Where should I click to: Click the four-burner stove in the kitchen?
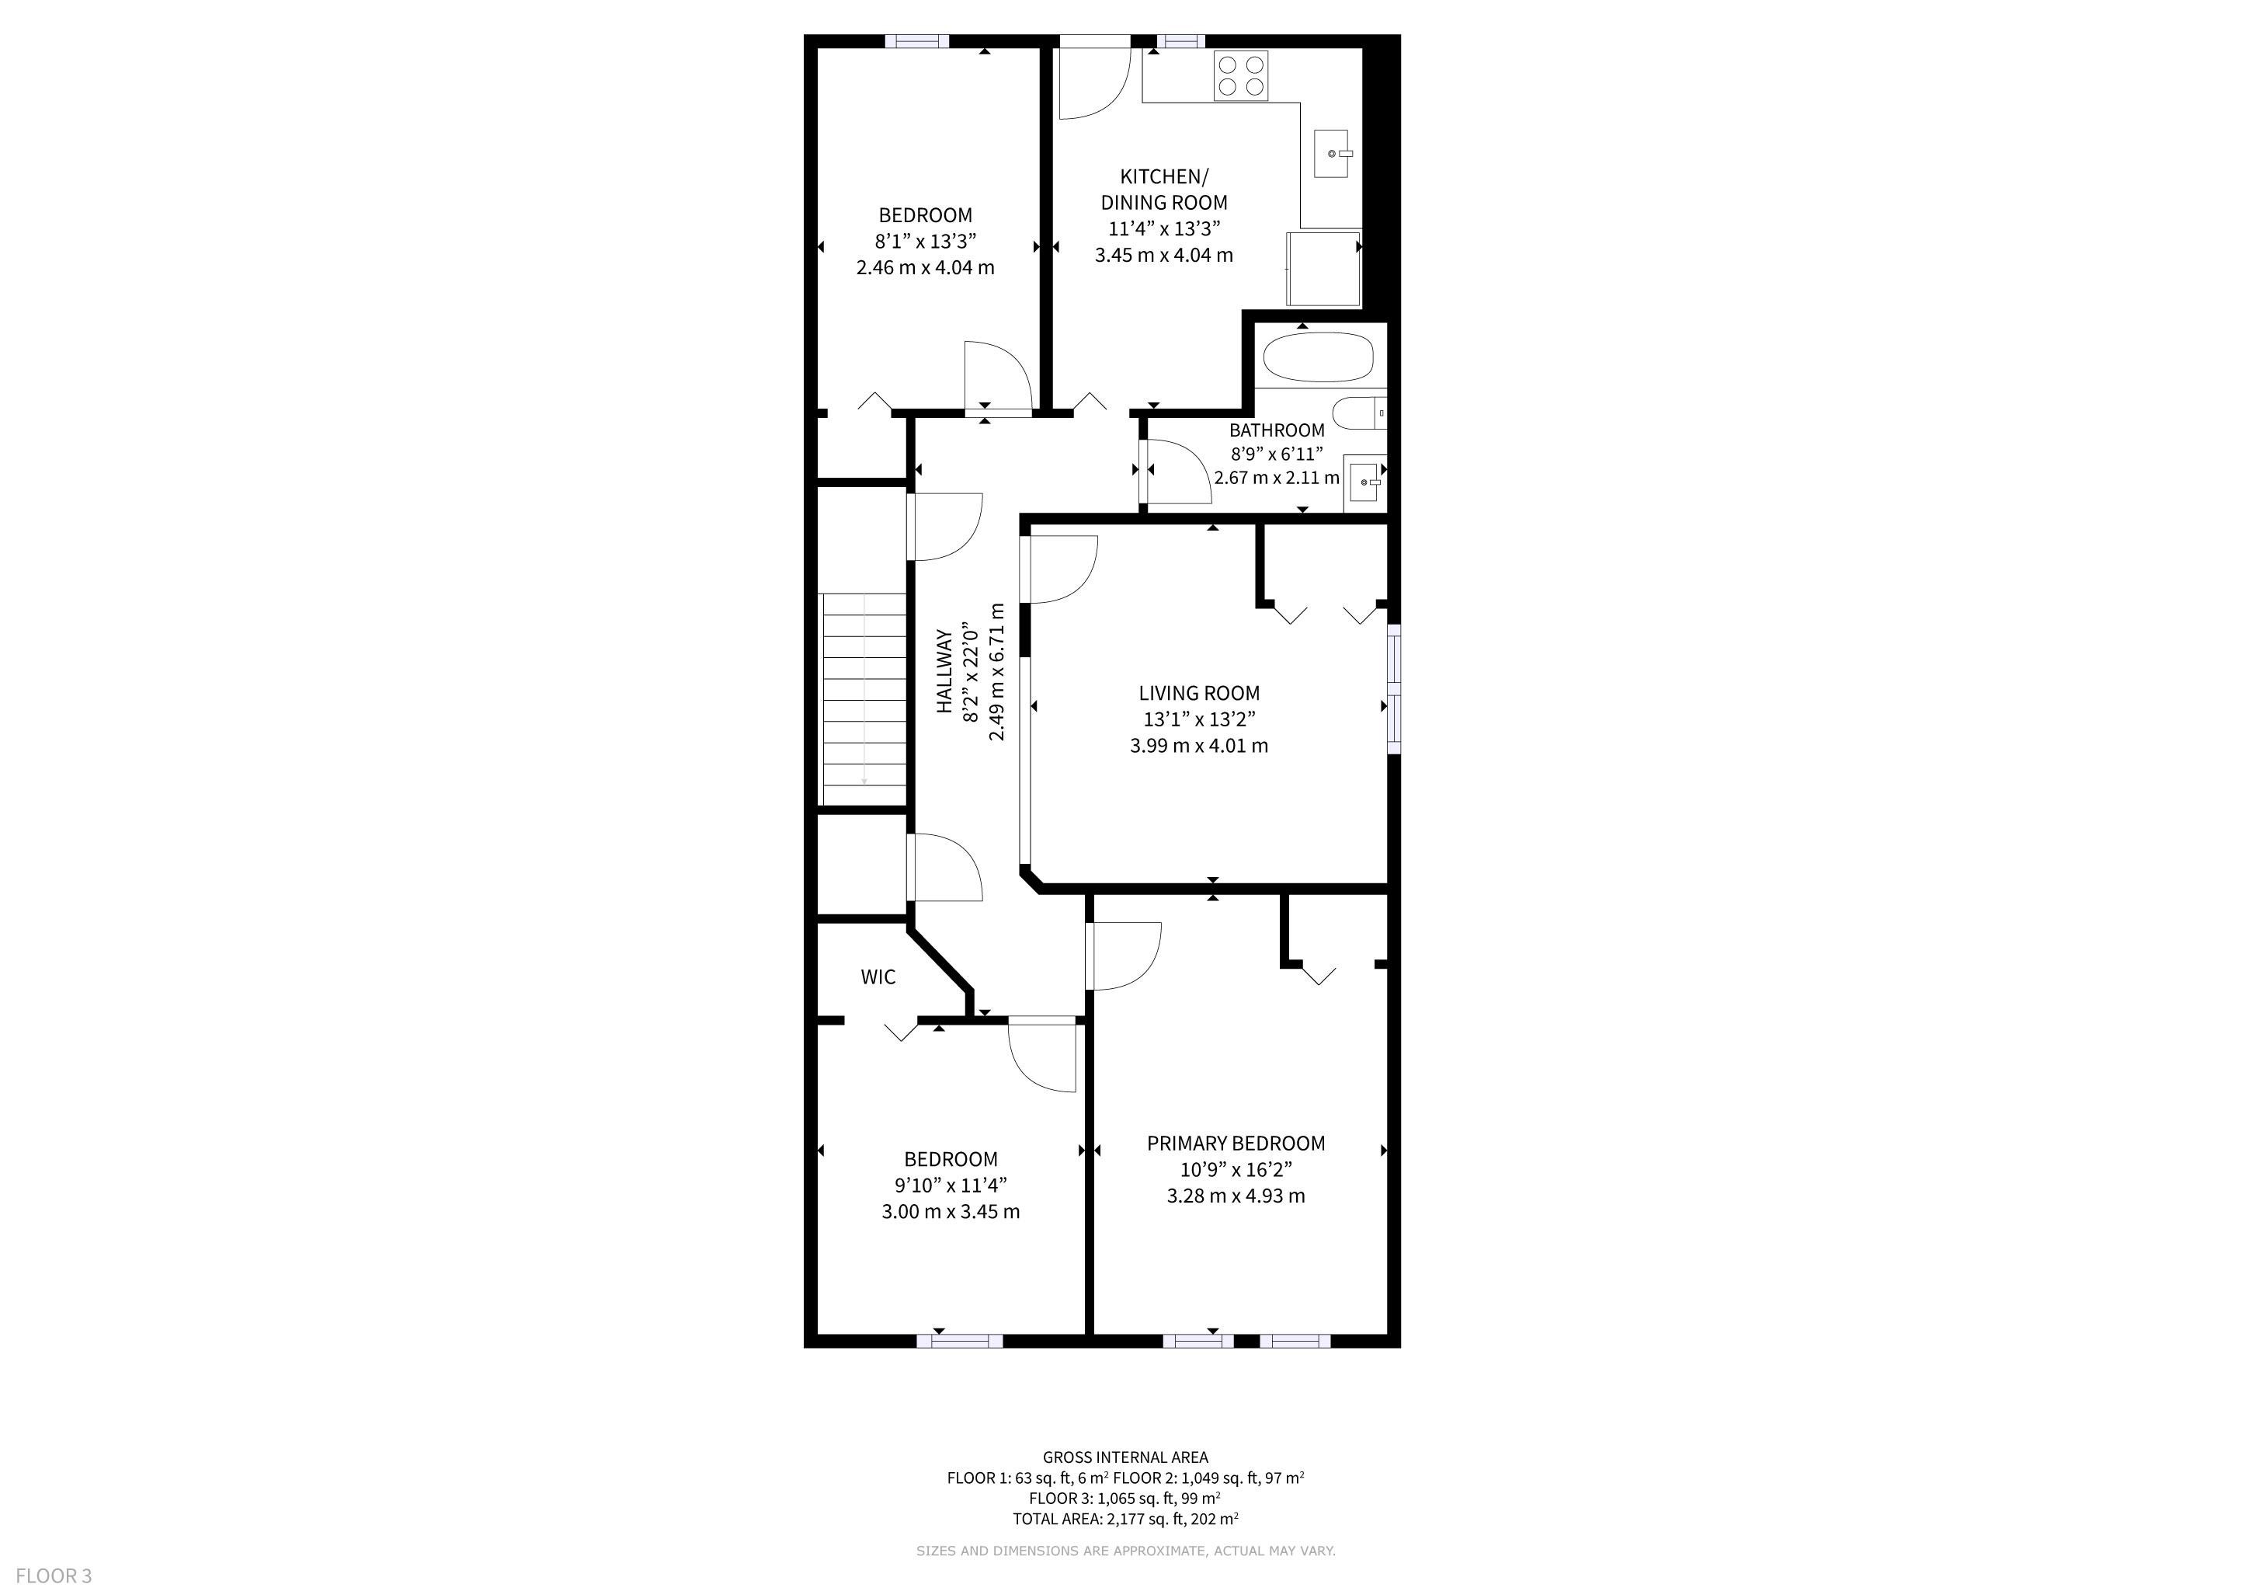1241,75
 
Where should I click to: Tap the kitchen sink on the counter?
1330,154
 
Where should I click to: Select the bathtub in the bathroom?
1319,357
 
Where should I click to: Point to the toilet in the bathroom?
1360,413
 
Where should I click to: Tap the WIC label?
878,977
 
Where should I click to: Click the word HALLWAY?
945,671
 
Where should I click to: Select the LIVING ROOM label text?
1199,693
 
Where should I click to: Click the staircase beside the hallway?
863,698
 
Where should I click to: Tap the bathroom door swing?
1178,473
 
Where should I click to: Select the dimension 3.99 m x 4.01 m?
1199,746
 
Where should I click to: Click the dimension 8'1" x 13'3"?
926,241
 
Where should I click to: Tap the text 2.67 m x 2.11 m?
1277,478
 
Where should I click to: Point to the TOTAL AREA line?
1125,1520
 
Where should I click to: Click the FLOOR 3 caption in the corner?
54,1575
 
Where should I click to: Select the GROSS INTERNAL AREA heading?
1125,1457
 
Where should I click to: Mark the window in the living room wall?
1394,689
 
